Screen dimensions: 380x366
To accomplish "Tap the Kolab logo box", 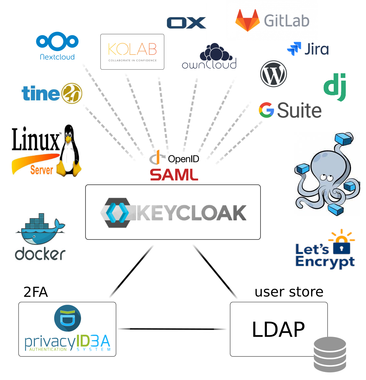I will [x=132, y=52].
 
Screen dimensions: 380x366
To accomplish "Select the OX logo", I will [x=186, y=23].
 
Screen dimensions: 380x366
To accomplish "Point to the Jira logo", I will [x=308, y=49].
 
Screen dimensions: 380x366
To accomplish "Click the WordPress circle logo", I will [x=273, y=74].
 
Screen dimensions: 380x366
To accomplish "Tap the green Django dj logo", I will [x=335, y=87].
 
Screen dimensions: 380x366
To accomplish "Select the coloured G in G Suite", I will [x=266, y=110].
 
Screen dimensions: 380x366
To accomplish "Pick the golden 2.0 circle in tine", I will [x=71, y=93].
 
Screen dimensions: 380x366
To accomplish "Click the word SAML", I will [x=174, y=175].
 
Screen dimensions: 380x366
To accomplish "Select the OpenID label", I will [x=183, y=159].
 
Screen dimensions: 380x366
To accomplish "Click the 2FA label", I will [x=36, y=292].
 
